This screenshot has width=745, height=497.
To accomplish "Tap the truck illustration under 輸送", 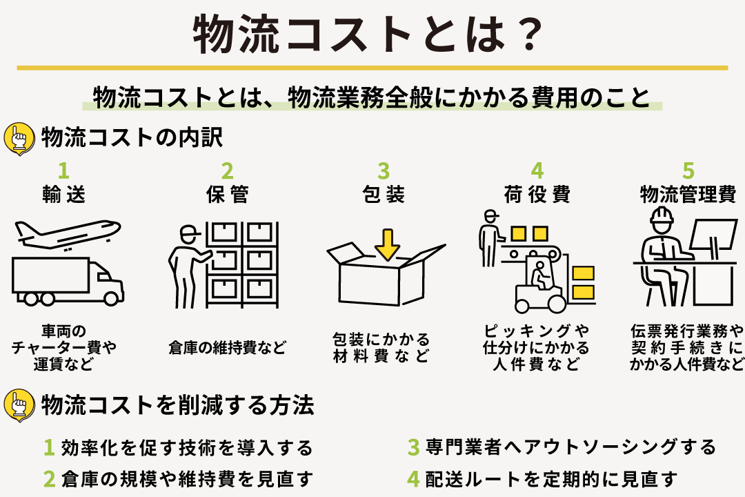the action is pos(68,282).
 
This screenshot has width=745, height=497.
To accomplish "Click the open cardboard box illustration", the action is pos(386,275).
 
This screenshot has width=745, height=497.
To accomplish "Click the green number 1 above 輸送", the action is pos(63,170).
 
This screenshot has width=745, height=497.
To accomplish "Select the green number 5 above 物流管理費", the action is pos(688,170).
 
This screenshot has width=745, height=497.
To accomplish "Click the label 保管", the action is pos(227,195).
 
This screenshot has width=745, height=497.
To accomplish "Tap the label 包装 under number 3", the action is pos(384,195).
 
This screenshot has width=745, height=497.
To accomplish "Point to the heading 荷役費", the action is pos(537,195).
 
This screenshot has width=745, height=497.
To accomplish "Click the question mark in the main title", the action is pos(530,34).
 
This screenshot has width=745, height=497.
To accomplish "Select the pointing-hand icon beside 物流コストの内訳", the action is pos(19,138).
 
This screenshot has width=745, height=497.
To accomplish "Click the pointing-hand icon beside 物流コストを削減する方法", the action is pos(19,405).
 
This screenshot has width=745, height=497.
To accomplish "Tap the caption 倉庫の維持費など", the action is pos(227,348).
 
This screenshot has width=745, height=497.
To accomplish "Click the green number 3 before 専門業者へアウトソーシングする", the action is pos(413,447).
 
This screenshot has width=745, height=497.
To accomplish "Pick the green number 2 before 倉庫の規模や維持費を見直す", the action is pos(50,479).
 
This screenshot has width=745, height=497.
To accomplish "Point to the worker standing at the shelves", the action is pos(188,266).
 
